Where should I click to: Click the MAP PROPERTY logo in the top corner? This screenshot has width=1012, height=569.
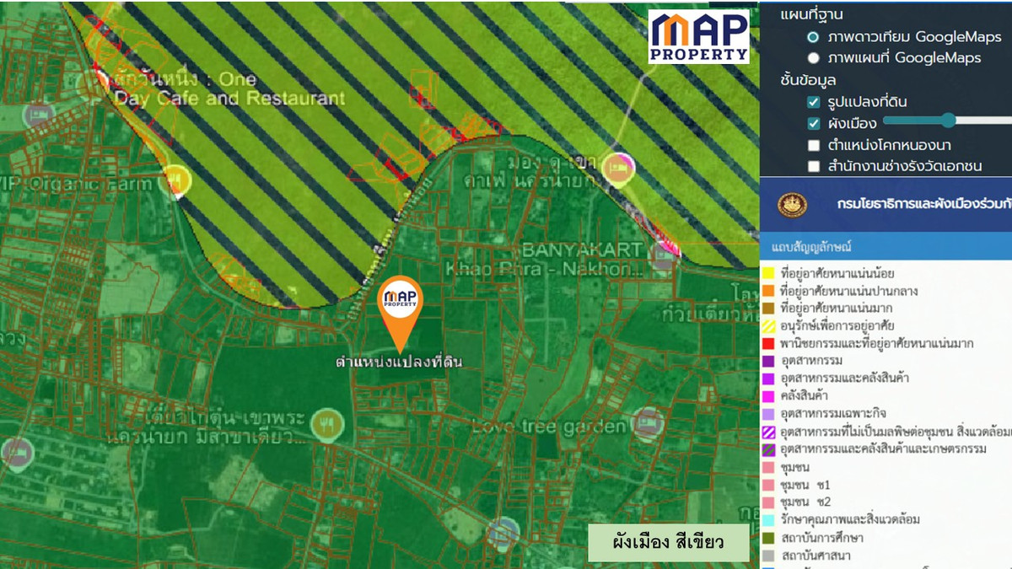(x=698, y=36)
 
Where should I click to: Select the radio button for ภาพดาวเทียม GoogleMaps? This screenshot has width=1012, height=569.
(x=813, y=37)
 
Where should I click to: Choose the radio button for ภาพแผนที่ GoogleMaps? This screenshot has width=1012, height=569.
(x=813, y=58)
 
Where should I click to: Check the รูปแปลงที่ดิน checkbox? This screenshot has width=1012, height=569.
(x=813, y=102)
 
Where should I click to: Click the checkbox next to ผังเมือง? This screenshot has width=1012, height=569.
(x=813, y=124)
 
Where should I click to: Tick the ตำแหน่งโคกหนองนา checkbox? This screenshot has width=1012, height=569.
(x=813, y=145)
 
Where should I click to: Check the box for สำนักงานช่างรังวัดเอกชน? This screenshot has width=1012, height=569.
(x=813, y=166)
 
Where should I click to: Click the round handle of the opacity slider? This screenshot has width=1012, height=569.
(x=949, y=121)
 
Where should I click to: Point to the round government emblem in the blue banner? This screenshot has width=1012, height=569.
(x=792, y=204)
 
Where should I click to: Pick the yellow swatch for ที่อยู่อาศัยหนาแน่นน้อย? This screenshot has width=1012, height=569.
(x=768, y=274)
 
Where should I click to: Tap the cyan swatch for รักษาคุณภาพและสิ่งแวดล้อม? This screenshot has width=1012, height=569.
(x=768, y=519)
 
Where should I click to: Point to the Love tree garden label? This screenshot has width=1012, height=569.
(x=548, y=427)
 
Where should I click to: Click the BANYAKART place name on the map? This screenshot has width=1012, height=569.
(x=582, y=250)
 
